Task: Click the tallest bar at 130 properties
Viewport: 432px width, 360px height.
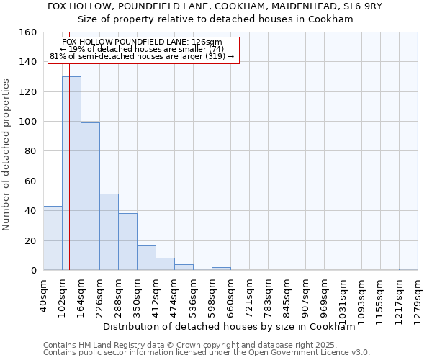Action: tap(71, 173)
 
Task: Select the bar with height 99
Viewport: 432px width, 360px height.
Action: tap(90, 197)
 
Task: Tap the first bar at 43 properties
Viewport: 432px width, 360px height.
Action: tap(53, 238)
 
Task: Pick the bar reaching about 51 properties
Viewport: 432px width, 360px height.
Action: tap(109, 232)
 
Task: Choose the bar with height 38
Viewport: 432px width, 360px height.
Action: tap(127, 242)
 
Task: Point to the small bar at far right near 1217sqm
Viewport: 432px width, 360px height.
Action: tap(408, 269)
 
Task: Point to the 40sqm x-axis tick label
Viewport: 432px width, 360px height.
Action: tap(43, 294)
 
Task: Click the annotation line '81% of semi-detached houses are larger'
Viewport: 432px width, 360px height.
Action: tap(142, 56)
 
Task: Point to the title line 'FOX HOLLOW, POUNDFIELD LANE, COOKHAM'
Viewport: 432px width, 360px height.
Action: tap(215, 6)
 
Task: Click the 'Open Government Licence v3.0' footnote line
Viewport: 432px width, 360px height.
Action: tap(207, 353)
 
